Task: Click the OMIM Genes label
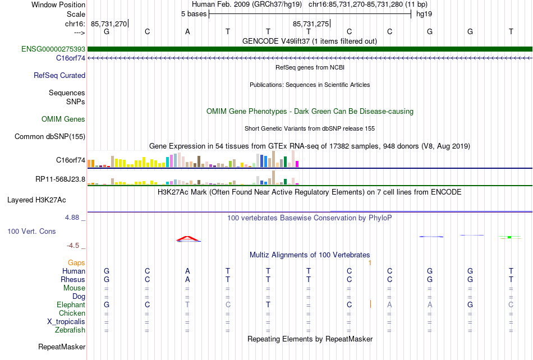coord(63,119)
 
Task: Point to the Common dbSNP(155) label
coord(50,136)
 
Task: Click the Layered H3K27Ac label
coord(44,200)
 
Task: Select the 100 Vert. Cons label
coord(31,231)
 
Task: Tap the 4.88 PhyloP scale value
coord(72,217)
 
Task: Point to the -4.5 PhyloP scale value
coord(72,246)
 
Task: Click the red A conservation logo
coord(188,239)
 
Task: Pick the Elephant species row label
coord(71,304)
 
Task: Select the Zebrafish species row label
coord(70,330)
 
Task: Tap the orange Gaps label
coord(76,262)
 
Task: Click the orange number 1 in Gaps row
coord(370,262)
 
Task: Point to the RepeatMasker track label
coord(62,347)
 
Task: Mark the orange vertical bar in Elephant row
coord(370,304)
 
